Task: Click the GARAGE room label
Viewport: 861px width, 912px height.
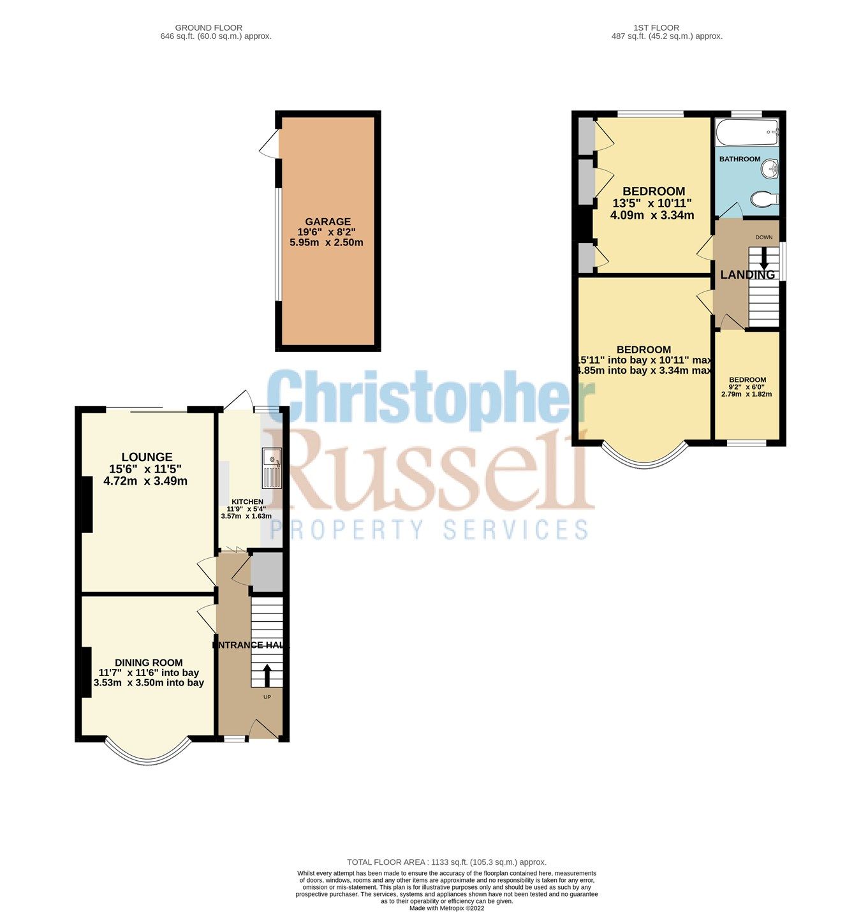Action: [327, 222]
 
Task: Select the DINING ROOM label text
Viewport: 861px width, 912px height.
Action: [149, 663]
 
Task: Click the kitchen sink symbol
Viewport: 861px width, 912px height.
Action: [272, 467]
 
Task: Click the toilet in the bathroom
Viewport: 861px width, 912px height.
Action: [764, 200]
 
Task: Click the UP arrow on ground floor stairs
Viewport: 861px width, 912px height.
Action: [267, 675]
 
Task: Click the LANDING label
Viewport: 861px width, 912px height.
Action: [747, 275]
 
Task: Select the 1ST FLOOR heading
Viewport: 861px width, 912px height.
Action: [656, 27]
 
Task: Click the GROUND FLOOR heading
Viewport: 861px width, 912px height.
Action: [209, 27]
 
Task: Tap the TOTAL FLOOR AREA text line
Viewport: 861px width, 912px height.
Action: [446, 862]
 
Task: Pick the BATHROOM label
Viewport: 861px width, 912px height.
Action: [740, 159]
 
